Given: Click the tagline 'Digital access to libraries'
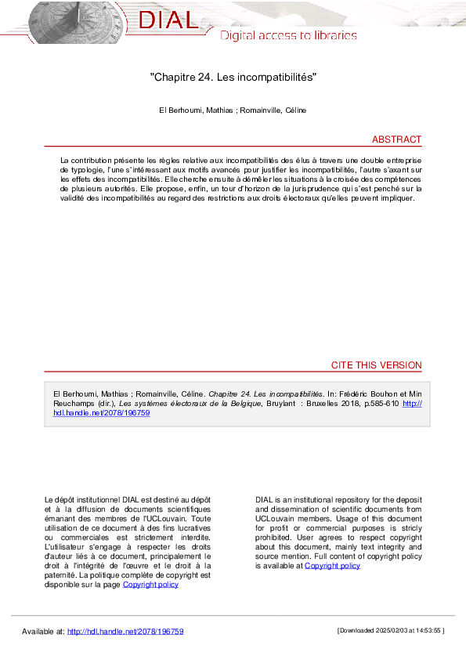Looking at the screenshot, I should coord(287,35).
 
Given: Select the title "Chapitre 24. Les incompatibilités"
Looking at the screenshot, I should coord(233,78).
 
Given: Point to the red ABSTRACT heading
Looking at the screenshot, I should coord(396,140).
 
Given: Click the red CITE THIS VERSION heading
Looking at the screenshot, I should coord(376,365).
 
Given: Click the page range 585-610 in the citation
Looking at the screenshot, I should coord(373,404).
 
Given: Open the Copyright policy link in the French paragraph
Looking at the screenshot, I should coord(150,584).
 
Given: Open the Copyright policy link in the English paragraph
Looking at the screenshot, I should coord(332,565).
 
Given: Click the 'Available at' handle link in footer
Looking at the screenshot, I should coord(125,631).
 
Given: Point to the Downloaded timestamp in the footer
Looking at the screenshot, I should coord(390,630).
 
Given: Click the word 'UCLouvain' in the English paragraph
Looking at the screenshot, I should coord(278,518).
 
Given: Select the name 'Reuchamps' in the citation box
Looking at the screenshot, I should coord(72,404).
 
